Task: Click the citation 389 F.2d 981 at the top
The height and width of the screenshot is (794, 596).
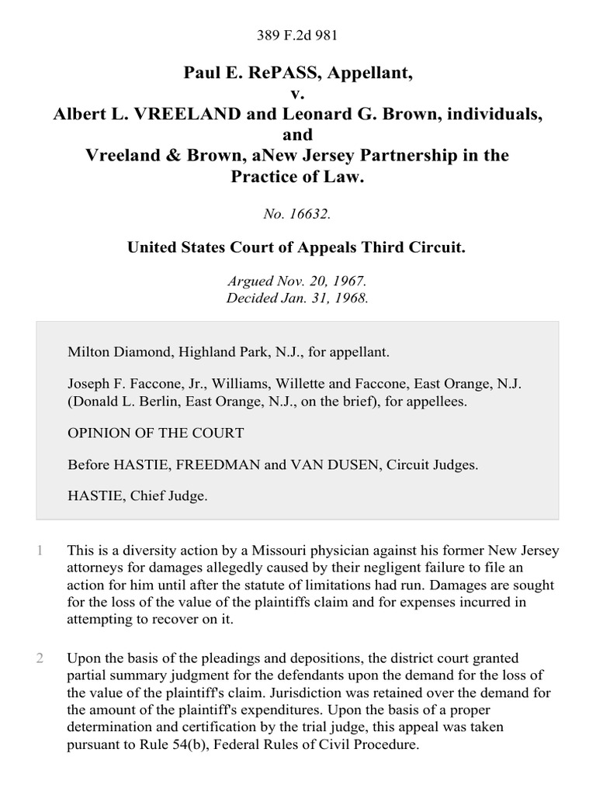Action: (298, 34)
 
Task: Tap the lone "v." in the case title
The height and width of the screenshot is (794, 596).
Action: (298, 94)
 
